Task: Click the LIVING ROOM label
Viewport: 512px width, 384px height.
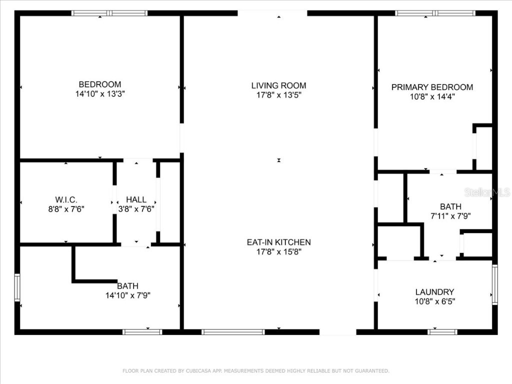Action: click(278, 85)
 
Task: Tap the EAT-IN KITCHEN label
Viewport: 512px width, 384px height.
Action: click(278, 242)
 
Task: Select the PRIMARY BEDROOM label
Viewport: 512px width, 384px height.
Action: click(432, 87)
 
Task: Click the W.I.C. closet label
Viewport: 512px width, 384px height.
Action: click(66, 199)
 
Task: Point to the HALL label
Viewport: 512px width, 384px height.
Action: click(136, 199)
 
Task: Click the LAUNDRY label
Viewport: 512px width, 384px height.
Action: click(434, 292)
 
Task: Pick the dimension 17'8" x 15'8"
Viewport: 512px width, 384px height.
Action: click(278, 251)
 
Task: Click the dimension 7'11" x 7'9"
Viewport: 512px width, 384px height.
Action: click(450, 216)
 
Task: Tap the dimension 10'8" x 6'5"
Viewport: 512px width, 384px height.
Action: click(434, 301)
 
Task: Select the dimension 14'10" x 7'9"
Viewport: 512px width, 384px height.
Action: click(127, 295)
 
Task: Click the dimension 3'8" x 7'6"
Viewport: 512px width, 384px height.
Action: click(136, 209)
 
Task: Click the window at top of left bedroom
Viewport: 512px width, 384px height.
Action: click(109, 13)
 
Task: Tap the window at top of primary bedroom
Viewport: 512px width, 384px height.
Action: click(435, 13)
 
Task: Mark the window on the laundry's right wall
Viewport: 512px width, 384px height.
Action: click(494, 284)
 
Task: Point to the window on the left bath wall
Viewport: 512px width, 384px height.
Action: click(17, 287)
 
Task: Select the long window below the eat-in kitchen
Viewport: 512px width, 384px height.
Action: click(233, 331)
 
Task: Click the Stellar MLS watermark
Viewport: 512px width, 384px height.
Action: click(486, 192)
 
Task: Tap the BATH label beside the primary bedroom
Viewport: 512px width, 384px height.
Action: click(450, 206)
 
